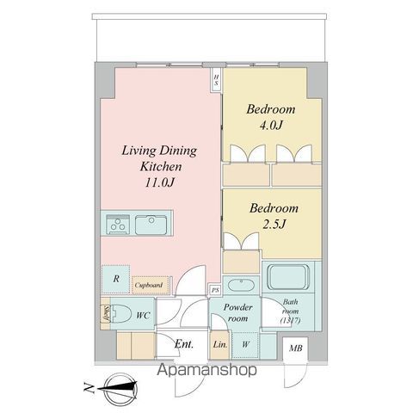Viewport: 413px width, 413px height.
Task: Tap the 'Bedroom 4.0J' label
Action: (x=272, y=118)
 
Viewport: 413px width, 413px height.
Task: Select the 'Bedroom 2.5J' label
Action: (x=273, y=216)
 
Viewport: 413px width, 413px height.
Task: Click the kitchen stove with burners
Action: (x=118, y=225)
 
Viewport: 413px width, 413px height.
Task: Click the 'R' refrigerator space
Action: (x=115, y=278)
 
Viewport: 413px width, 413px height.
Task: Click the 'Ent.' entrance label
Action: (x=184, y=345)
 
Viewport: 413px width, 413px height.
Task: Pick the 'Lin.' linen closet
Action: (x=219, y=345)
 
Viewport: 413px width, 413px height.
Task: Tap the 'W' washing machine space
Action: (x=245, y=345)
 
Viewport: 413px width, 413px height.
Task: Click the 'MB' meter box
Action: (x=296, y=348)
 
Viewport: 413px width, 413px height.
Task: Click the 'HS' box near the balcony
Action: (x=217, y=81)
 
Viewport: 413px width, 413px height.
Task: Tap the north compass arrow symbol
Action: (x=116, y=389)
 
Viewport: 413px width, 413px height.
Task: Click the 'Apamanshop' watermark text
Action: (x=207, y=372)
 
